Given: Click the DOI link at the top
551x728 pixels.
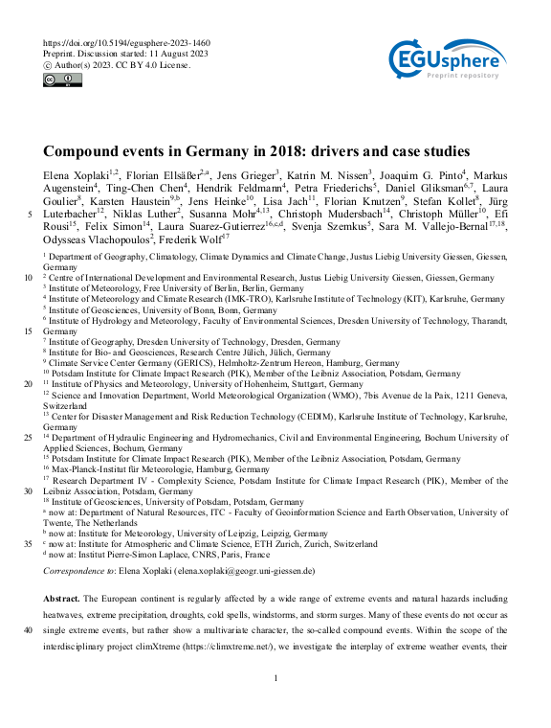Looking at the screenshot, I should click(127, 44).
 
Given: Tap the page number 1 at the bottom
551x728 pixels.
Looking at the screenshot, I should click(275, 679).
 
